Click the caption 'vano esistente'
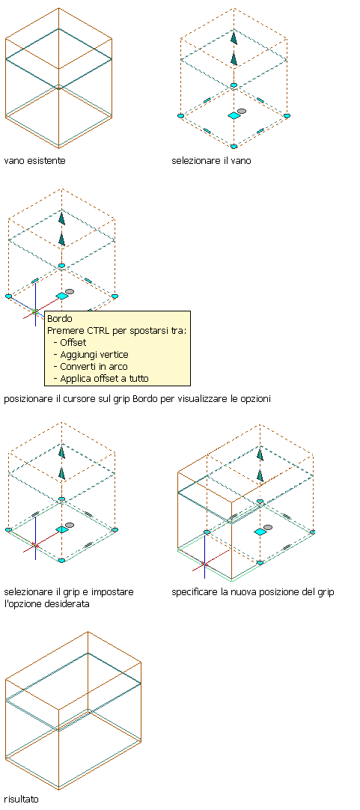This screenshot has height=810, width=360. pos(34,161)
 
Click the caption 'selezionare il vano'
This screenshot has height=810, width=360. pos(211,161)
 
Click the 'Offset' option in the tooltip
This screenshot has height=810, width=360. pos(73,343)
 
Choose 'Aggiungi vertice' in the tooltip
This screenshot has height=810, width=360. pos(94,354)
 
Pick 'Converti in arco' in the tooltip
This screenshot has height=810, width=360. pos(94,366)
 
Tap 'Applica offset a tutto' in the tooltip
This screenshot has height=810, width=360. pos(104,378)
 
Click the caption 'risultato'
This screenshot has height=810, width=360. pos(21,800)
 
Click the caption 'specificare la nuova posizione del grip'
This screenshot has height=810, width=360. pos(252,592)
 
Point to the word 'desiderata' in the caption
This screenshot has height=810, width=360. pos(67,603)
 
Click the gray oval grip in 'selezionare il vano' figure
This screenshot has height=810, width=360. pos(242,111)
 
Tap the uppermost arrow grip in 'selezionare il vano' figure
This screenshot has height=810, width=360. pos(234,39)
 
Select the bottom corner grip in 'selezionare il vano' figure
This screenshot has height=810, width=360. pos(234,147)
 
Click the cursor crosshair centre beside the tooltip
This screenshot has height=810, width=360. pos(35,311)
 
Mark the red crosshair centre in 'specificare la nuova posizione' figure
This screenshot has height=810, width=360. pos(204,564)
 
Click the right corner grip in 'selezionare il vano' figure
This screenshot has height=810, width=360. pos(287,116)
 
